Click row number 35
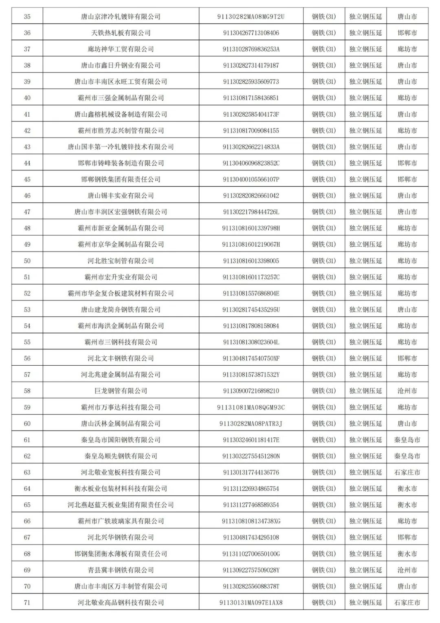pos(27,17)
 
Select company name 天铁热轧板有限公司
pos(121,33)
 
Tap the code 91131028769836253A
pos(251,49)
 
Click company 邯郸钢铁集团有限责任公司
pos(121,179)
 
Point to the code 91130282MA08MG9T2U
pos(251,17)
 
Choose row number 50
pos(27,261)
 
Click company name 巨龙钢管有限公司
pos(121,391)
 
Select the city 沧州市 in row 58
pos(407,391)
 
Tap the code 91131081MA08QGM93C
pos(251,407)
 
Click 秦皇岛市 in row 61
pos(407,440)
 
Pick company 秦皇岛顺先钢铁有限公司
pos(121,456)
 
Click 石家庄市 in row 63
pos(407,473)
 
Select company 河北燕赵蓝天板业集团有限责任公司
pos(121,505)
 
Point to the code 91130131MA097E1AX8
pos(251,603)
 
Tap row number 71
pos(27,603)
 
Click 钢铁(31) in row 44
pos(324,163)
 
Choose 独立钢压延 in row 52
pos(365,294)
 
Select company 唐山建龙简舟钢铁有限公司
pos(121,310)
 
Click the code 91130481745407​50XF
pos(251,358)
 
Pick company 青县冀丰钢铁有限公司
pos(121,570)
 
